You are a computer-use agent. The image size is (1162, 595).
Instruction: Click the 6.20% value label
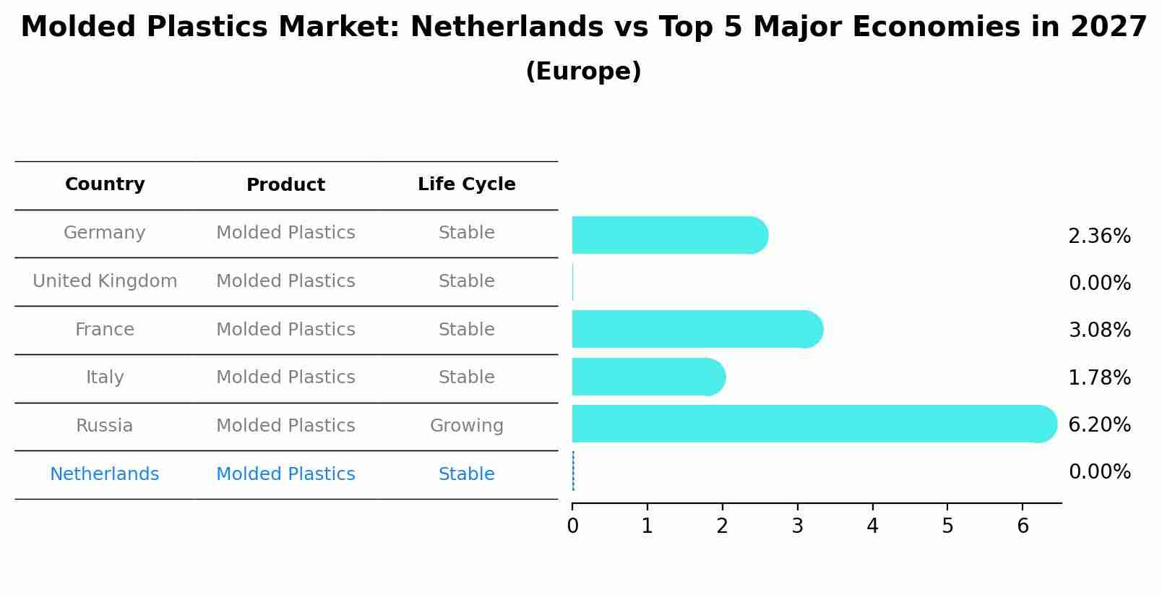pos(1099,424)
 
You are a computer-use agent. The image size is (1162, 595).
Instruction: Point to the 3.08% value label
pos(1099,330)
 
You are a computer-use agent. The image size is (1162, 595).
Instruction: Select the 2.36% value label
pos(1099,236)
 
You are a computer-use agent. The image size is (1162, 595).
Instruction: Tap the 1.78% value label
pos(1099,377)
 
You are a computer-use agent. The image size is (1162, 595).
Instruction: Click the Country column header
pos(105,184)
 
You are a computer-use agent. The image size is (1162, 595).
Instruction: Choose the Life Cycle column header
pos(466,184)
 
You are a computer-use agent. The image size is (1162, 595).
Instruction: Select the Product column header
pos(285,185)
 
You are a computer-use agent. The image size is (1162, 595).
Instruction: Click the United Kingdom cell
pos(105,281)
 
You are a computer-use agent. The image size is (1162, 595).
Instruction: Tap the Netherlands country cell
pos(105,474)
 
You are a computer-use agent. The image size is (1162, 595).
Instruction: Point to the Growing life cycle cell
pos(466,426)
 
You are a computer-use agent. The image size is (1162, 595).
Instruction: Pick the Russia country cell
pos(105,426)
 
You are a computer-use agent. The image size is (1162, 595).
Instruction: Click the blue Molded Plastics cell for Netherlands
pos(285,474)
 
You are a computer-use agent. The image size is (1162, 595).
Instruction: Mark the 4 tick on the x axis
pos(872,526)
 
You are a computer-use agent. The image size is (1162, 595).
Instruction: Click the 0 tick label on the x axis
pos(572,526)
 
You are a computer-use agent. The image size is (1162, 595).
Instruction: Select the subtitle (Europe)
pos(583,72)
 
